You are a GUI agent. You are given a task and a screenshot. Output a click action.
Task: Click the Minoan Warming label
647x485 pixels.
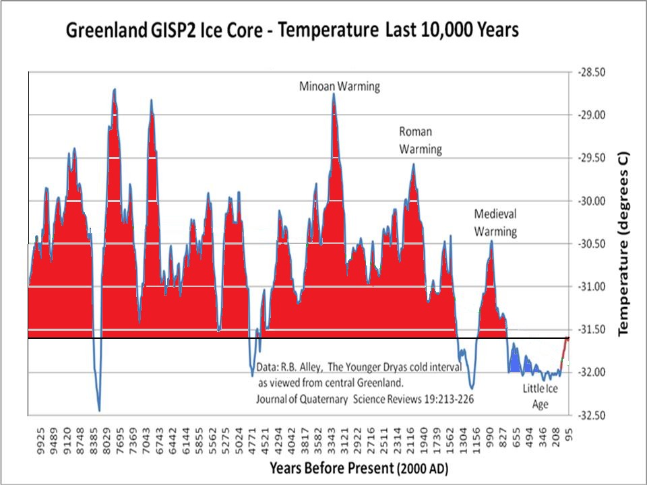340,86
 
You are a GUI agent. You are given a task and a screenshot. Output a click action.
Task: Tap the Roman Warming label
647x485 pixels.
420,140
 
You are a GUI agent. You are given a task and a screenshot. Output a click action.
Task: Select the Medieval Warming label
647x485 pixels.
495,223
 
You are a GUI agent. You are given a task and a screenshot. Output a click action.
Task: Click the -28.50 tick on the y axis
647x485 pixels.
590,71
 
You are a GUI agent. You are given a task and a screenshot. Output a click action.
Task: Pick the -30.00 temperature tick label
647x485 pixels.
590,201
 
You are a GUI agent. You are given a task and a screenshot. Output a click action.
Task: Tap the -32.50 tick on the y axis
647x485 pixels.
590,416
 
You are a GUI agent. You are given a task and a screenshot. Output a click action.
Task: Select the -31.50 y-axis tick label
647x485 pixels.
590,329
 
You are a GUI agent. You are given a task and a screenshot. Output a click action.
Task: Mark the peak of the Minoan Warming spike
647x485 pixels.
334,94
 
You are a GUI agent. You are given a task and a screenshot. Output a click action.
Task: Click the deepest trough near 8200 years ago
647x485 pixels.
99,410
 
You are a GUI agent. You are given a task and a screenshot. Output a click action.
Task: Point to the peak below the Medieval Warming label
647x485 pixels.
492,241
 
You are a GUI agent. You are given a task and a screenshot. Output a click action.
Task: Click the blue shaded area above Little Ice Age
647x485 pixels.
516,364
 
